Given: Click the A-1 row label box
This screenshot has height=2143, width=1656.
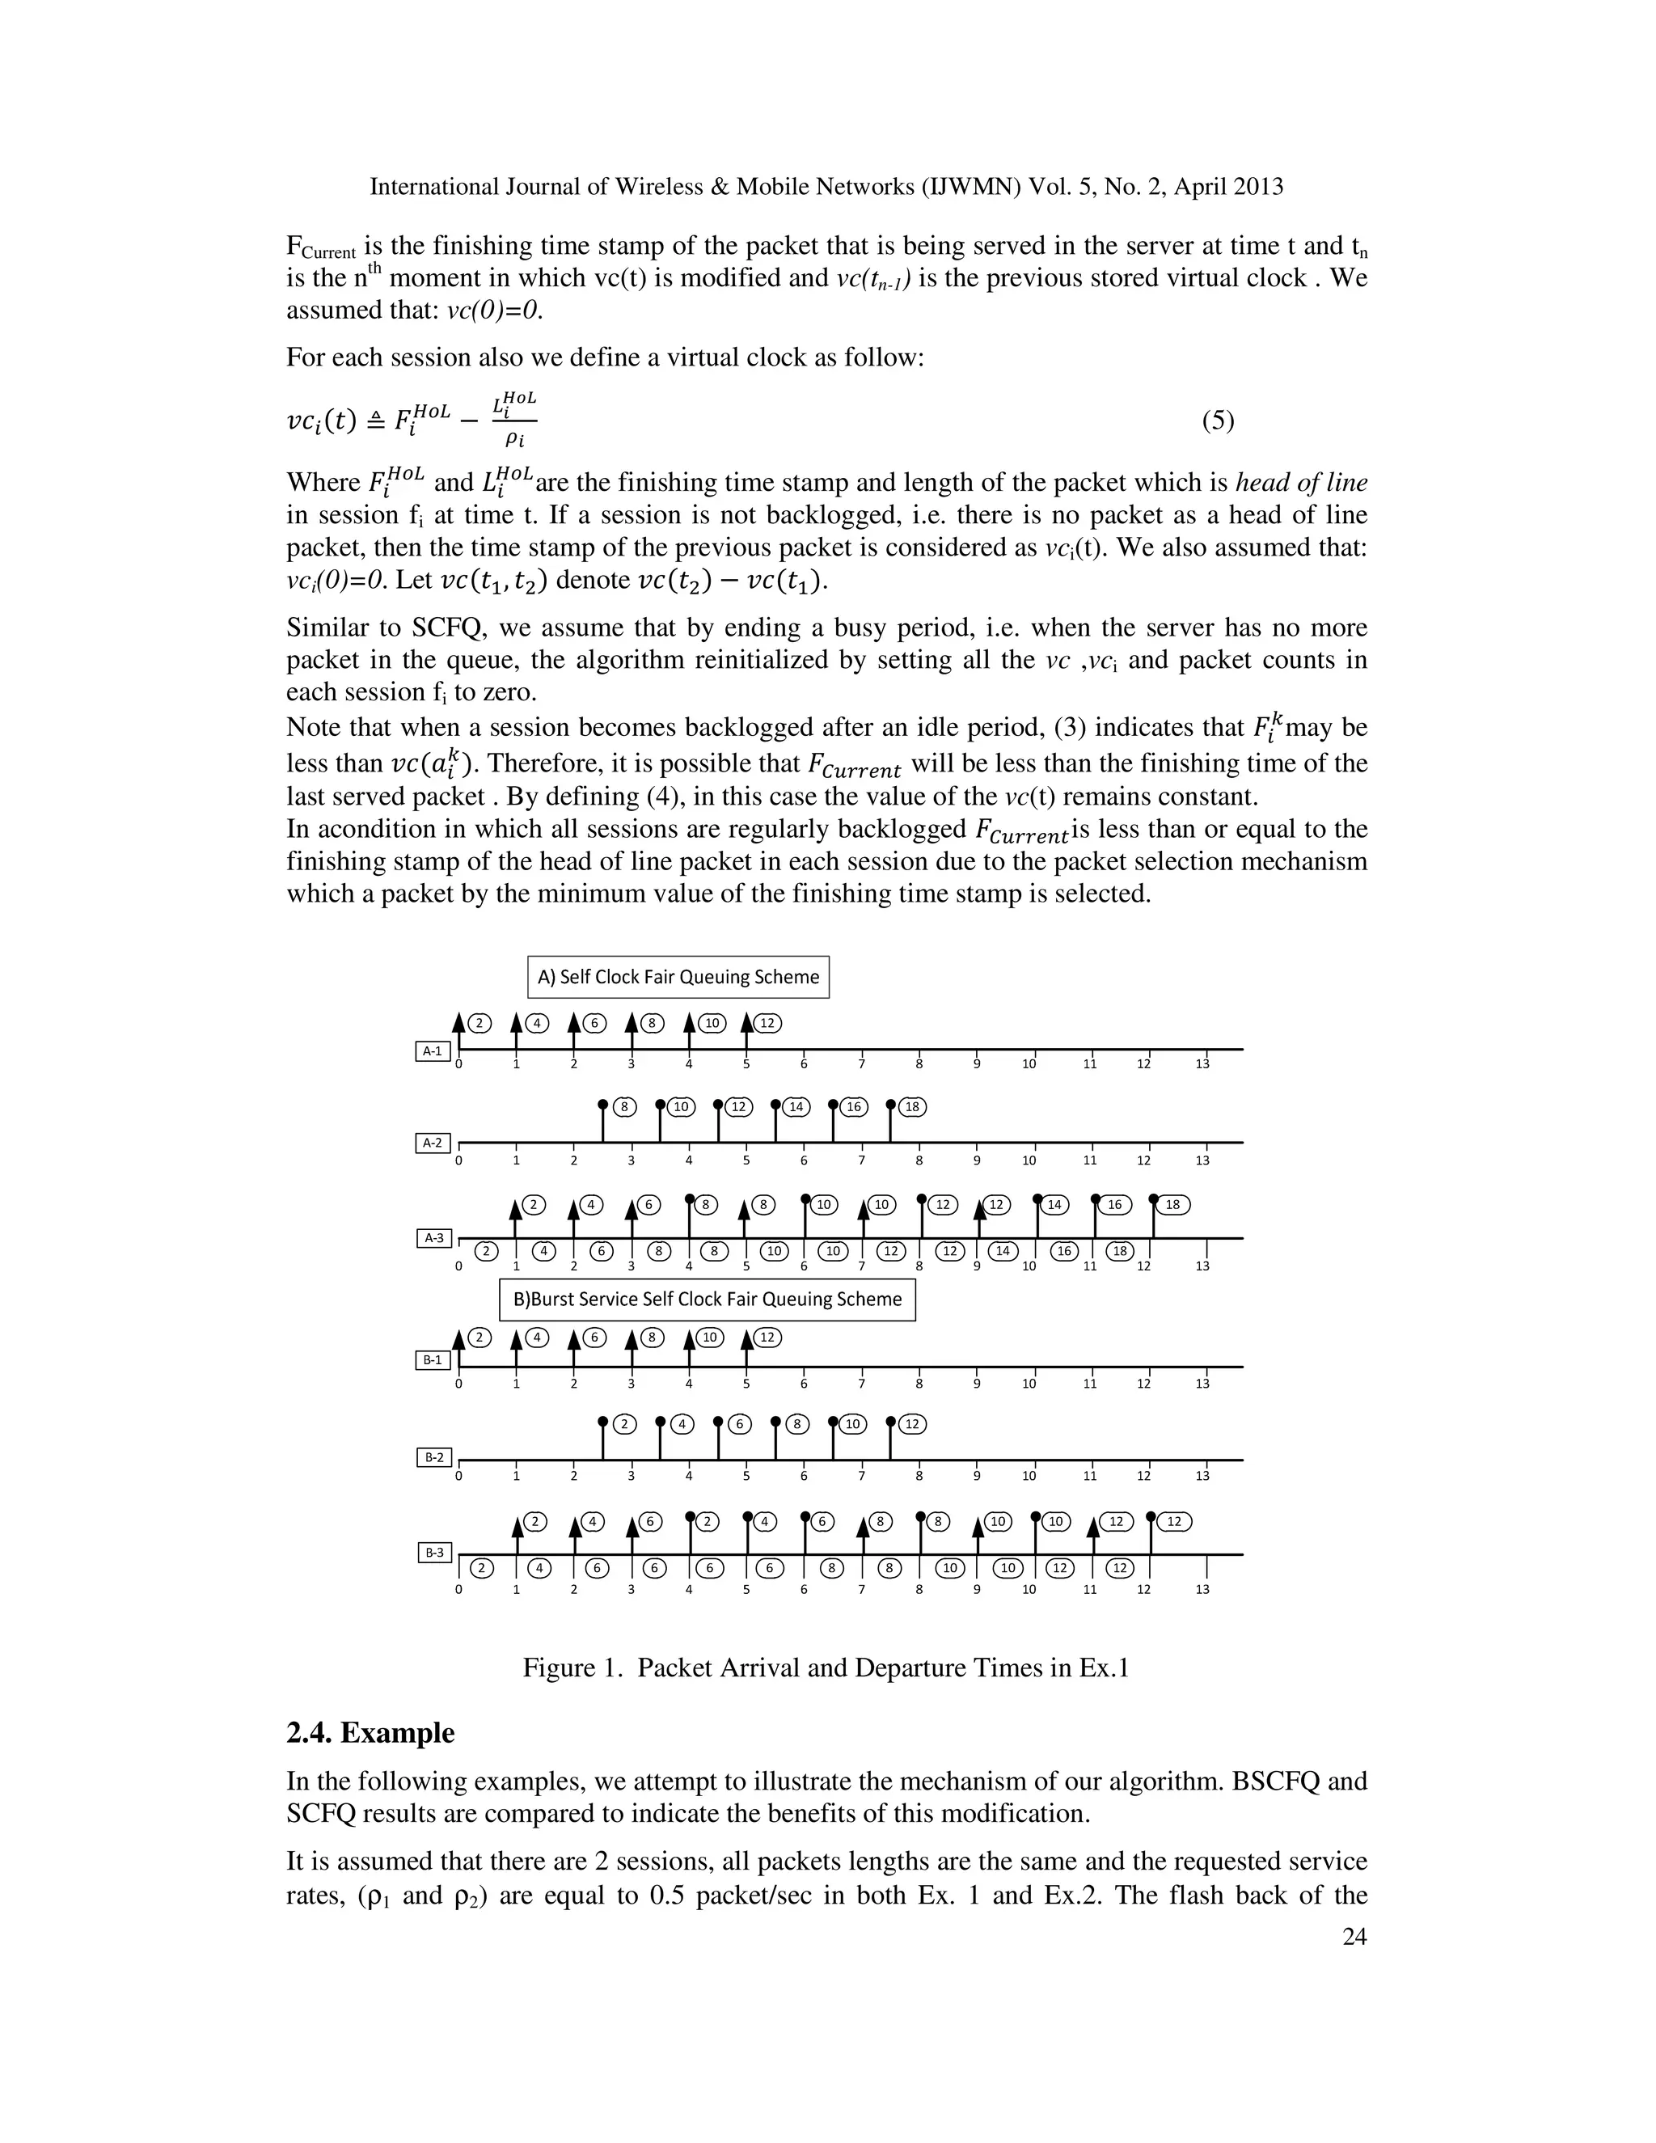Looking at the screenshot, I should (433, 1052).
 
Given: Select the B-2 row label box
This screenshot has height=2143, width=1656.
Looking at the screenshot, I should (433, 1458).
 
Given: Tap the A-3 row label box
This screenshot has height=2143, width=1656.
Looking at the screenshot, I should (433, 1238).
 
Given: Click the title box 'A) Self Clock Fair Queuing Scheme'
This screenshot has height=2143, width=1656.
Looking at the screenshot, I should (678, 978).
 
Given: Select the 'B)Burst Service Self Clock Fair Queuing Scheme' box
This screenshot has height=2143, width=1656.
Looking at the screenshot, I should (708, 1300).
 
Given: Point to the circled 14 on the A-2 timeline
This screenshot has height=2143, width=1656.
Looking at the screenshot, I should (796, 1107).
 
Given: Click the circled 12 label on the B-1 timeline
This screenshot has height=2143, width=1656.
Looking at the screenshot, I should (767, 1338).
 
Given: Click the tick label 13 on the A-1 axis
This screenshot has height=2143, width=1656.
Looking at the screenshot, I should (1202, 1065).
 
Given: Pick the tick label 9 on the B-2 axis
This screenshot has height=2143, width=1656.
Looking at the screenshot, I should (977, 1476).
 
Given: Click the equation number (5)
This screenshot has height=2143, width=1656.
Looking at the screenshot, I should (1218, 421).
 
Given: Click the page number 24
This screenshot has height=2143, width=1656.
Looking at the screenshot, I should (1354, 1936).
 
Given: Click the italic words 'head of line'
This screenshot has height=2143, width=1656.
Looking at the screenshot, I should (1301, 483).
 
